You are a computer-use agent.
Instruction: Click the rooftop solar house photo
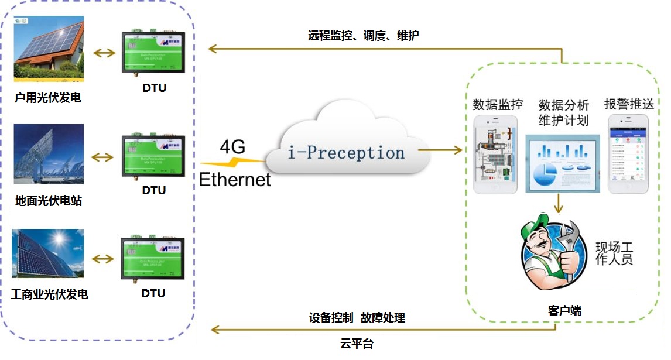click(x=49, y=49)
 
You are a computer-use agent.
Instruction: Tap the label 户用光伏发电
click(x=47, y=98)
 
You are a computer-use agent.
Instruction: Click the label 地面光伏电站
click(x=49, y=201)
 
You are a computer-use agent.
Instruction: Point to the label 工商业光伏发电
click(x=49, y=294)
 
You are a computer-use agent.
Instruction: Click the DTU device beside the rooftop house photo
click(x=154, y=52)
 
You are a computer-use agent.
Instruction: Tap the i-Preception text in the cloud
click(x=346, y=153)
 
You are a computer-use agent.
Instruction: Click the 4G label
click(x=233, y=147)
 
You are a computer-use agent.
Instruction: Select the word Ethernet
click(x=235, y=179)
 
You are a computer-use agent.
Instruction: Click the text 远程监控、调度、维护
click(x=363, y=36)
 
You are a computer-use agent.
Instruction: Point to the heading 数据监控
click(x=498, y=105)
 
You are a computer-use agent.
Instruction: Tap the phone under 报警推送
click(x=628, y=154)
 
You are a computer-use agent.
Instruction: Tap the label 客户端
click(x=564, y=311)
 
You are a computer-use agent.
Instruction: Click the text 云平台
click(x=356, y=344)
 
